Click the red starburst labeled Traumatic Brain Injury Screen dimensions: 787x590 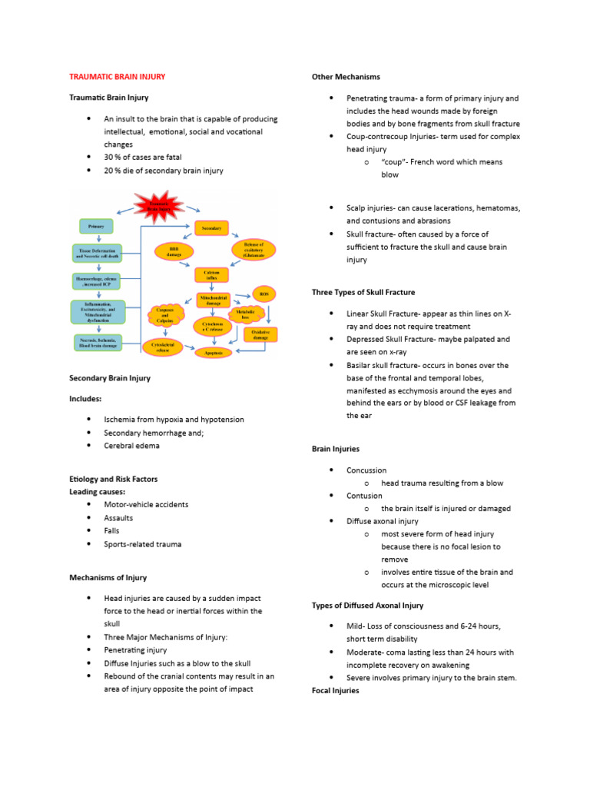pos(160,206)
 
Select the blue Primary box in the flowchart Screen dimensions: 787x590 pos(96,226)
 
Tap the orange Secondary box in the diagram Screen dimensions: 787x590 pos(211,229)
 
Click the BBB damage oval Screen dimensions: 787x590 pos(172,252)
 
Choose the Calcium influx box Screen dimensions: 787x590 pos(211,275)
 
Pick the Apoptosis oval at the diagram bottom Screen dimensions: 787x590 pos(213,352)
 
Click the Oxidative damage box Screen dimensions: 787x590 pos(261,334)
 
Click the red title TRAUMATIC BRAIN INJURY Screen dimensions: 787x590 pos(117,77)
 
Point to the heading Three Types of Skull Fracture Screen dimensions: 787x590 pos(363,292)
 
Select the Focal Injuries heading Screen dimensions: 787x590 pos(336,691)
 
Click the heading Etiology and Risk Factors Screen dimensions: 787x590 pos(113,479)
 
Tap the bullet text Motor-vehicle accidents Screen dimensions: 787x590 pos(146,505)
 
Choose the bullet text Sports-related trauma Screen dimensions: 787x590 pos(143,544)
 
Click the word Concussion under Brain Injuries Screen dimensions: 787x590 pos(366,470)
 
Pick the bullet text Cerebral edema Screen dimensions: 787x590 pos(132,446)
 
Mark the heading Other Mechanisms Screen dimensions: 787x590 pos(346,77)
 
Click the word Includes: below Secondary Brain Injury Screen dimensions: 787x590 pos(85,399)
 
